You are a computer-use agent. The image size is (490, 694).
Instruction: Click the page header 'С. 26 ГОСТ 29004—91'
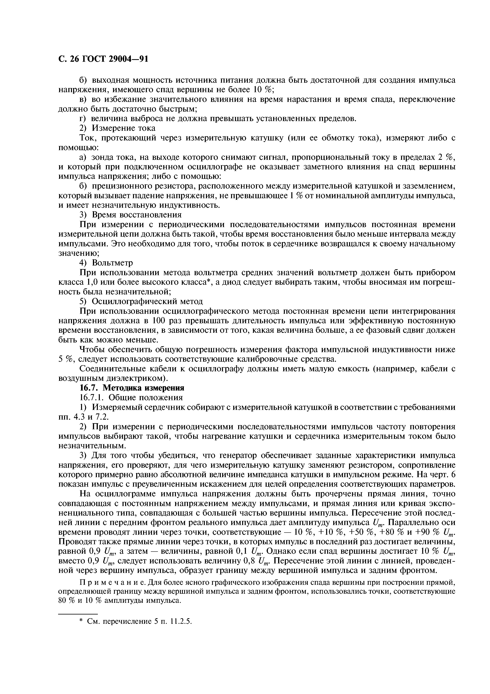click(x=103, y=59)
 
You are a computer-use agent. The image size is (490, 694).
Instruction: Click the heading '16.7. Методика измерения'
click(x=132, y=388)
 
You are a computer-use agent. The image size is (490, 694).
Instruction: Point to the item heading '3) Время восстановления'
click(x=130, y=215)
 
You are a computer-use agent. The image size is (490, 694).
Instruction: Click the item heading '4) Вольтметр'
click(x=106, y=263)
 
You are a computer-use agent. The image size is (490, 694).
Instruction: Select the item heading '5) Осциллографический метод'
click(x=141, y=301)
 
